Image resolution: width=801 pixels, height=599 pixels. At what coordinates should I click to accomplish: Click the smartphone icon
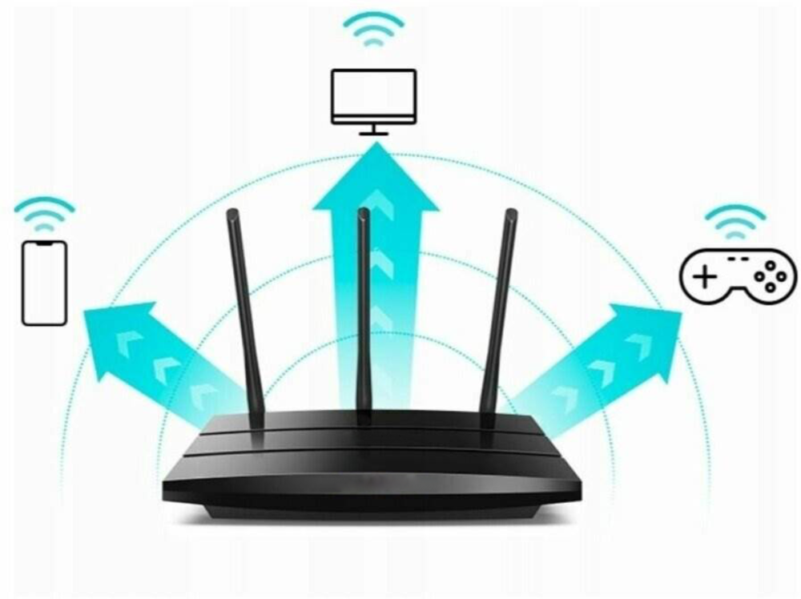pos(44,283)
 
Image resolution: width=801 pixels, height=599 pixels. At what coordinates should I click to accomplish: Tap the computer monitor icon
pos(373,100)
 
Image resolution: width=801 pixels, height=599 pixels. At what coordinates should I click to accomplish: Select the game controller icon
pos(738,276)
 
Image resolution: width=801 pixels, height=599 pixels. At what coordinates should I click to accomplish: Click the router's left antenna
pos(244,312)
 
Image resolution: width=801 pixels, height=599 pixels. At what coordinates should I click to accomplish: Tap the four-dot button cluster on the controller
pos(771,275)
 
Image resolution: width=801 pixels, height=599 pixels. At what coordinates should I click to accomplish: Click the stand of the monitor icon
pos(373,130)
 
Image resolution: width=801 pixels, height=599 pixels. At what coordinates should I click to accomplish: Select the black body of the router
pos(372,472)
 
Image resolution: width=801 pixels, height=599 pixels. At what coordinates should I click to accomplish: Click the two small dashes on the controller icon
pos(739,259)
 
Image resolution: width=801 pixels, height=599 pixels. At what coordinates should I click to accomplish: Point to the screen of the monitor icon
pos(373,92)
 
